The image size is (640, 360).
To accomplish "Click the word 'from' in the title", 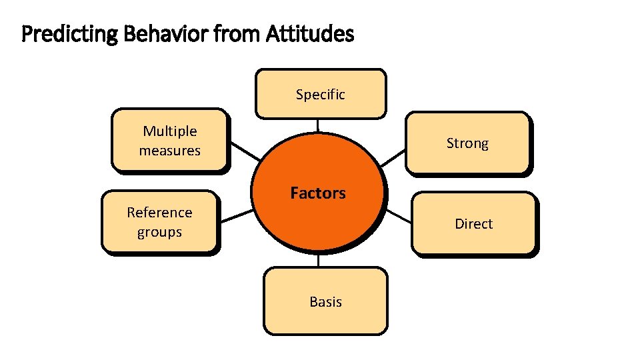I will pos(229,33).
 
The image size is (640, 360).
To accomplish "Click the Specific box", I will pos(321,94).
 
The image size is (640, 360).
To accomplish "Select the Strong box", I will pos(467,143).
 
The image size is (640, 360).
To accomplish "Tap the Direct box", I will pos(473,223).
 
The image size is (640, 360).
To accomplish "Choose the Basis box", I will pos(325,301).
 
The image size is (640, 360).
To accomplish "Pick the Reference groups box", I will pos(159,222).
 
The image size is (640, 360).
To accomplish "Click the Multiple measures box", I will pos(169,141).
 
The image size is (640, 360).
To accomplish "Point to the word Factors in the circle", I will pos(318,193).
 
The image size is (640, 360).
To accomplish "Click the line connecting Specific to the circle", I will pos(318,125).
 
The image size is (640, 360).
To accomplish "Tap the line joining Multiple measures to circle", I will pos(245,151).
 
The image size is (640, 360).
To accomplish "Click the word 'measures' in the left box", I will pos(169,151).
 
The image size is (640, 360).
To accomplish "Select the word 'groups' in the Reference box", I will pos(159,232).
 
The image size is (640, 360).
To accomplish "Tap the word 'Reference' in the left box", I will pos(159,213).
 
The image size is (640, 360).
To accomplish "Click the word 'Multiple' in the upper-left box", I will pos(169,131).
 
